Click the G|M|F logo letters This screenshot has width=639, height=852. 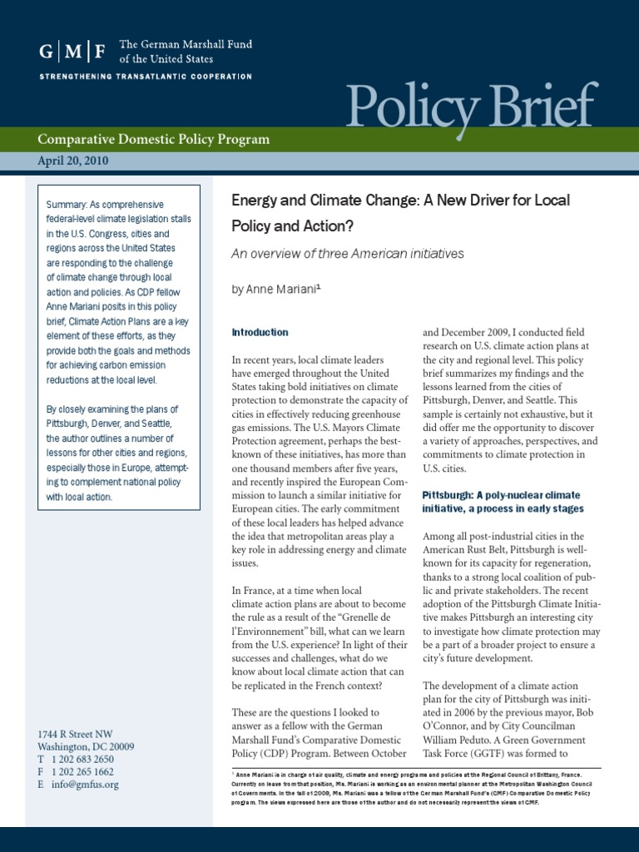tap(73, 52)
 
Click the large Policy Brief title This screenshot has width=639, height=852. tap(472, 106)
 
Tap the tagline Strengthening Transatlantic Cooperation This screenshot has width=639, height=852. tap(146, 77)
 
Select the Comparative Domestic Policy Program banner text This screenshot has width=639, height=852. tap(154, 140)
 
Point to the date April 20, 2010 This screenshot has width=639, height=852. tap(73, 161)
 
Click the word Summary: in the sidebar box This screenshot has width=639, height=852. tap(70, 205)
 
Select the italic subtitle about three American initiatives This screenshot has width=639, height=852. tap(347, 254)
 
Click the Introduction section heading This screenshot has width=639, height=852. tap(260, 332)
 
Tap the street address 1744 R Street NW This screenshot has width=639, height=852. tap(75, 733)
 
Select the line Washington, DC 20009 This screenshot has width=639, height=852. tap(86, 746)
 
